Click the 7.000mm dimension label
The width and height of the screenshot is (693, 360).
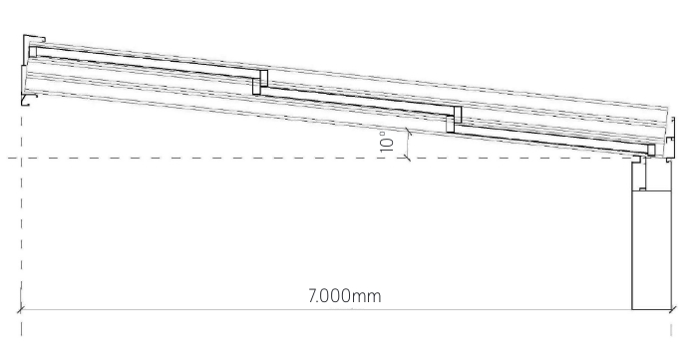[344, 295]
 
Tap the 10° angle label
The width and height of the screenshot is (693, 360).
[387, 142]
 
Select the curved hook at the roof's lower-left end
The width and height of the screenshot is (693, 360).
[28, 100]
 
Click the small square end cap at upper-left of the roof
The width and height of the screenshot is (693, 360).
[33, 52]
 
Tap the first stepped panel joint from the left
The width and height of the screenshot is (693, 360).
[260, 82]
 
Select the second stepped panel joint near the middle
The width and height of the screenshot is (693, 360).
[454, 119]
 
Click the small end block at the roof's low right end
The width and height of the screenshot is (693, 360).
[650, 150]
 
